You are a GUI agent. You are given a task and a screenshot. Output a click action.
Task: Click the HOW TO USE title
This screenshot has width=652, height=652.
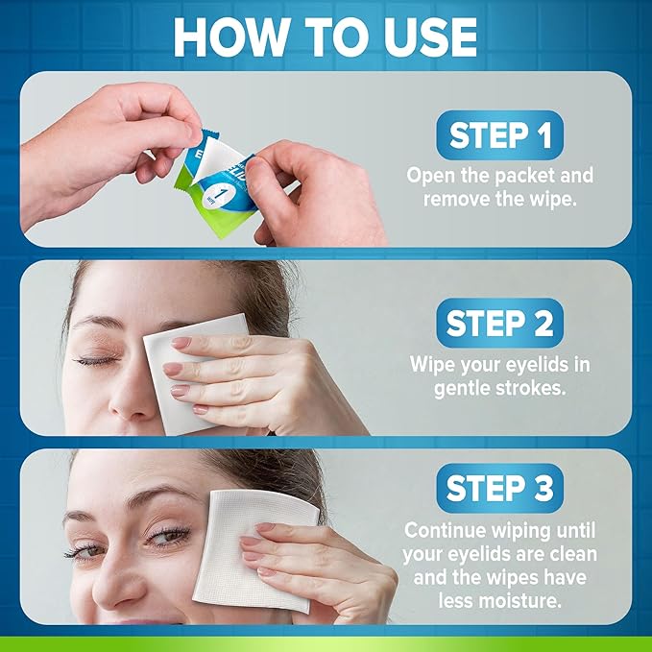pyautogui.click(x=326, y=36)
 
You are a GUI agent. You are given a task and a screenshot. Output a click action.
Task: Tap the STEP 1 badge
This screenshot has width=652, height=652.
pyautogui.click(x=499, y=135)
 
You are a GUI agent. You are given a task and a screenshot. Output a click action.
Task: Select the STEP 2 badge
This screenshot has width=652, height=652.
pyautogui.click(x=499, y=324)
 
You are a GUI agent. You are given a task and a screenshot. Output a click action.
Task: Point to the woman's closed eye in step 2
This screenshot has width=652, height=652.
pyautogui.click(x=97, y=360)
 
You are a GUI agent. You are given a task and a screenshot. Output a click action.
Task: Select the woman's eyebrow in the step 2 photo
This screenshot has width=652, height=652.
pyautogui.click(x=91, y=323)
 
